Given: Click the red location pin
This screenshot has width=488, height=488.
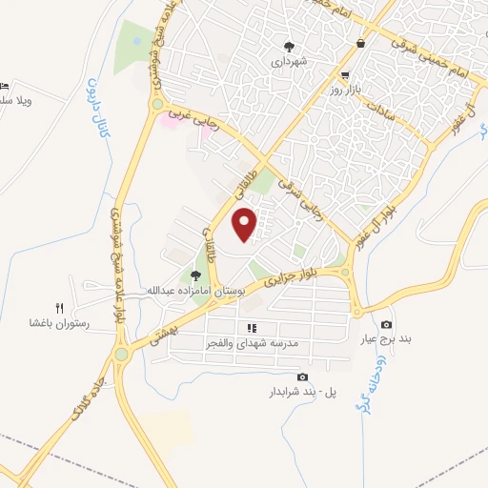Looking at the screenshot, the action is [x=246, y=225].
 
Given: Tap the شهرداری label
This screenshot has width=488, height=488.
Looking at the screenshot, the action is [x=289, y=61].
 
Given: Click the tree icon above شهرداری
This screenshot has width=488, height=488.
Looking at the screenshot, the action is [x=289, y=46].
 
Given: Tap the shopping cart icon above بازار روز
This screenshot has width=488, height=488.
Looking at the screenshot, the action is [x=344, y=74].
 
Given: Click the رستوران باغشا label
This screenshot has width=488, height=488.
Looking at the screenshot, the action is [x=58, y=324].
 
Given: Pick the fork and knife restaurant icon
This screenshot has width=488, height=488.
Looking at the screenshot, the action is [x=58, y=308].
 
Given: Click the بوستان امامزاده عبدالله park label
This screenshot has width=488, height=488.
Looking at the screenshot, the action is [x=195, y=290].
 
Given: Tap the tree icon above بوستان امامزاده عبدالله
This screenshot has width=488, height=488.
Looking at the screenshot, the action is [x=195, y=275].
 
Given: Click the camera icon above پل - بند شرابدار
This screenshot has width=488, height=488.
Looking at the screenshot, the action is [x=302, y=377].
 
